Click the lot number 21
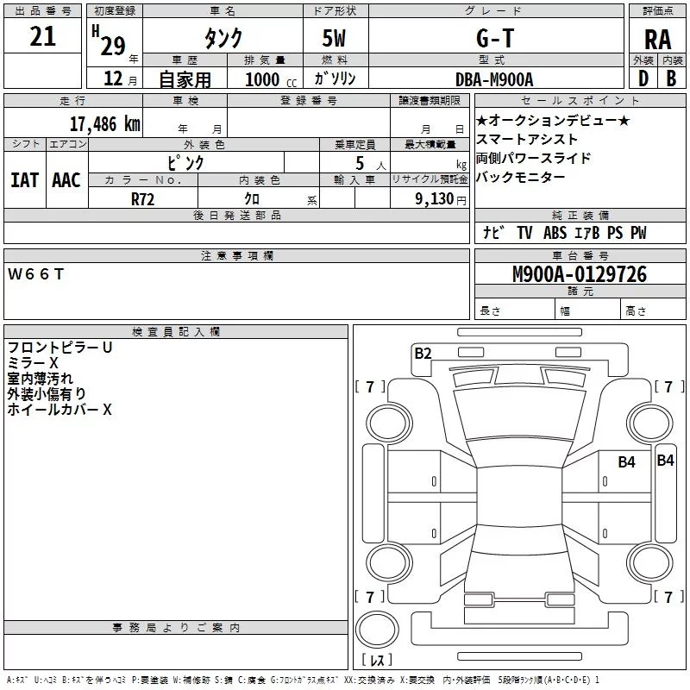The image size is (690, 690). pos(42,37)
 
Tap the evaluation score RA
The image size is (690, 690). pos(657,39)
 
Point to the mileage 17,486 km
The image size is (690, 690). pos(104,124)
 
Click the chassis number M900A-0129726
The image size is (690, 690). pos(579,275)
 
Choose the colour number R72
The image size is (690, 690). pos(143,198)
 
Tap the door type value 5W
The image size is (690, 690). pos(335,39)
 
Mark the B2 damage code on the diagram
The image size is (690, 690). pos(423,352)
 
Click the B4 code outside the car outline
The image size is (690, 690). pos(665,461)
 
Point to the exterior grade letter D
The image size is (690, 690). pos(643,78)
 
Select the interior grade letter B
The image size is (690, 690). pos(671,78)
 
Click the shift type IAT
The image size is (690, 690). pos(24,179)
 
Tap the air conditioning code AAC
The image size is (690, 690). pos(66,179)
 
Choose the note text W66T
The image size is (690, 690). pos(35,274)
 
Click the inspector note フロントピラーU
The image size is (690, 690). pos(60,348)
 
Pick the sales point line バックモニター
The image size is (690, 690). pos(520,178)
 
